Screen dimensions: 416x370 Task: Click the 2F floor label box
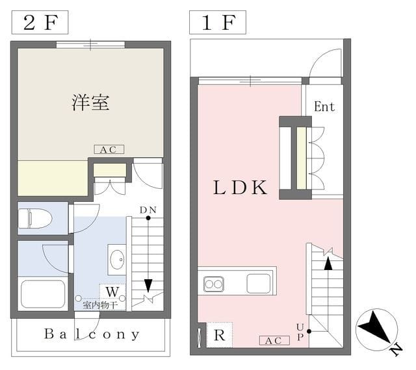coord(40,22)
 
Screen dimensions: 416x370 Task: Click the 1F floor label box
coord(218,22)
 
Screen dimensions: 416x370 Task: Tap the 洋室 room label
coord(90,103)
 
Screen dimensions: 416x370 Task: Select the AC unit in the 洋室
coord(109,149)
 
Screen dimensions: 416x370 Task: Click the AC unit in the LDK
coord(274,341)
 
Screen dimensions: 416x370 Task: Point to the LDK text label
coord(240,188)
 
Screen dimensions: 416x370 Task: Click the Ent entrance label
coord(324,106)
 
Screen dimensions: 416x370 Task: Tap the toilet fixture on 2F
coord(35,218)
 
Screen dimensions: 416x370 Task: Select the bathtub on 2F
coord(43,293)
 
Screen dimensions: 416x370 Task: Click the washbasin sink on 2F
coord(117,260)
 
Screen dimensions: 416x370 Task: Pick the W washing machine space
coord(112,292)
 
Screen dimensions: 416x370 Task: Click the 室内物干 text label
coord(100,305)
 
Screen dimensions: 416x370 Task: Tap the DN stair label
coord(148,210)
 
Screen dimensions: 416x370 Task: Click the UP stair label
coord(300,332)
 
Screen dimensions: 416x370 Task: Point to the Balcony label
coord(92,334)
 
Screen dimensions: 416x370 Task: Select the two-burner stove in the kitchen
coord(214,284)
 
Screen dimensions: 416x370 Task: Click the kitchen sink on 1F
coord(259,284)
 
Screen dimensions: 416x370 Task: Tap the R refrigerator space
coord(219,335)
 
